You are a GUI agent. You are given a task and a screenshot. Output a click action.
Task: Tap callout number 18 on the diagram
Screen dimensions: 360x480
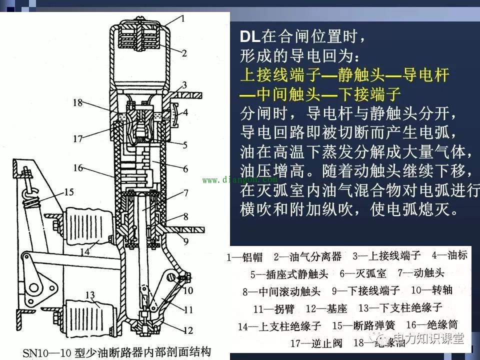77,103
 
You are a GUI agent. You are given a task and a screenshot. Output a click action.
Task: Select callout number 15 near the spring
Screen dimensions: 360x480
68,191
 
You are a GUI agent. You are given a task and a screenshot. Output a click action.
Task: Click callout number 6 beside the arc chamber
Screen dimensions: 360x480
186,169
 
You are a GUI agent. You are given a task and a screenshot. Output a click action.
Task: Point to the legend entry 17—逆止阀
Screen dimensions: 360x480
313,343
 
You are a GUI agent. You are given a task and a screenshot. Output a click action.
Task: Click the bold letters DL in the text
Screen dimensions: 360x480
250,37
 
